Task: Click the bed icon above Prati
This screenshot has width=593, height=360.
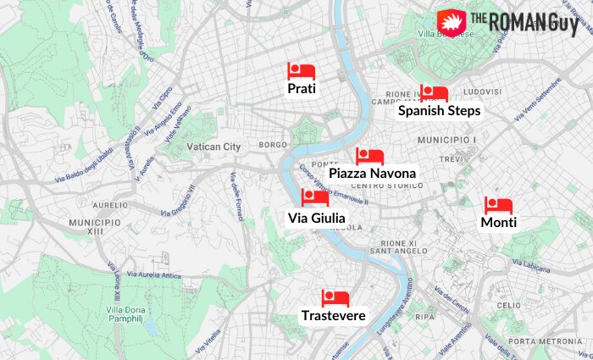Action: pos(301,71)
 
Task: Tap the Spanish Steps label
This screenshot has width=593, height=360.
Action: pos(440,110)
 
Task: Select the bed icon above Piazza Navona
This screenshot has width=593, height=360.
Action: pos(369,157)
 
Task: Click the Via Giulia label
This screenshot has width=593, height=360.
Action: pos(316,219)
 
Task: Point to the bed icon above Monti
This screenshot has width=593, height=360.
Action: pos(498,206)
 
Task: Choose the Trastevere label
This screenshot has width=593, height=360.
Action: pos(334,316)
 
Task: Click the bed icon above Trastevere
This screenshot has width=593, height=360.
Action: pos(335,298)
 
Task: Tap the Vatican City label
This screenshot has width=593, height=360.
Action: pos(213,147)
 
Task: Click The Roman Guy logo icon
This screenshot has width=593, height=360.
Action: pos(452,21)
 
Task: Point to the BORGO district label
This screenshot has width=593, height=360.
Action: pos(273,146)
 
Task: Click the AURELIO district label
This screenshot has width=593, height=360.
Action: pos(109,205)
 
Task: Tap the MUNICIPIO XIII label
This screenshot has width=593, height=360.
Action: pos(95,226)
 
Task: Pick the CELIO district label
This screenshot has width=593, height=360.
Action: pos(508,305)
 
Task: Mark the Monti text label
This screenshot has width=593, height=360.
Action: pos(498,223)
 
